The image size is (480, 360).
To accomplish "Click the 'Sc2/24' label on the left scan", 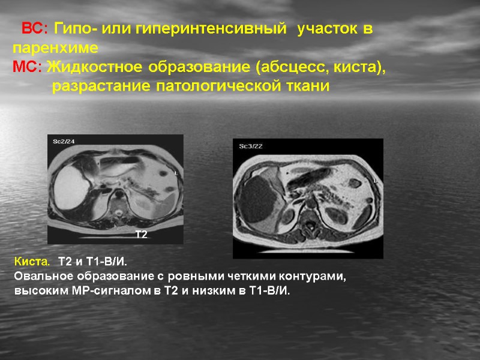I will click(64, 141).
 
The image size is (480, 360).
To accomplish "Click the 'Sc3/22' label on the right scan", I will click(251, 146).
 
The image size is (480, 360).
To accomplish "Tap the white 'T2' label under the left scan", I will click(141, 235).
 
